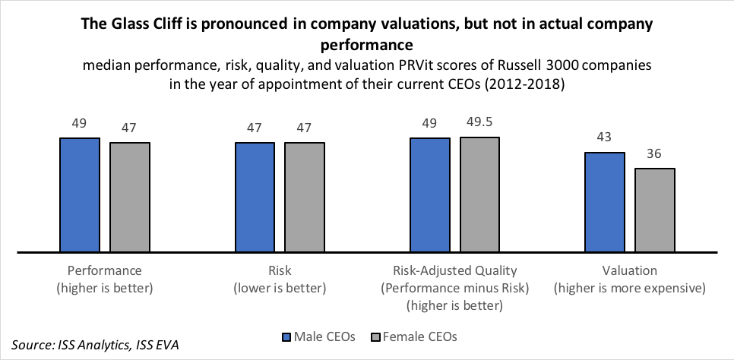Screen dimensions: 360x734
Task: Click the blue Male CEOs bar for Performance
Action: click(80, 194)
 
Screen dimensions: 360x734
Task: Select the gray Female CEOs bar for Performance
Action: click(129, 197)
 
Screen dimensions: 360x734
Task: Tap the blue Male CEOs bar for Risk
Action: click(255, 197)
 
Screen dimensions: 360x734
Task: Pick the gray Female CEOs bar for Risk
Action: click(305, 197)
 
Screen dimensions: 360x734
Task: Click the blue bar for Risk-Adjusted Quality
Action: click(430, 194)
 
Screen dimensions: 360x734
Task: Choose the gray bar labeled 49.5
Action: click(479, 194)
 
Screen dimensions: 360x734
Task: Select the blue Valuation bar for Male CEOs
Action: click(605, 201)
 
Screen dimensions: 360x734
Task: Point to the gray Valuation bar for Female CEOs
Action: click(655, 210)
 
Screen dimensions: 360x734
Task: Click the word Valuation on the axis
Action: click(630, 270)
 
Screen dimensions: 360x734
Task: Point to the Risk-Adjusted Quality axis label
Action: click(454, 270)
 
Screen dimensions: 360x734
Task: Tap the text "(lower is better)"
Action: click(280, 288)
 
